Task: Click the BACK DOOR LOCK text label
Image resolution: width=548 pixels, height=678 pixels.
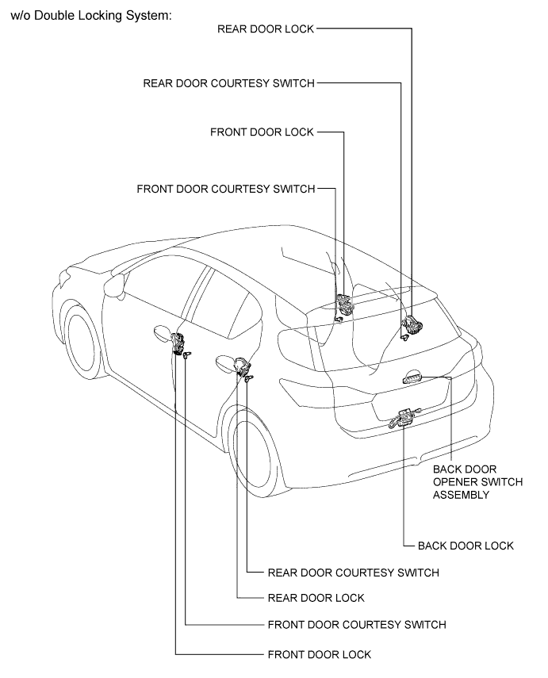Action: click(x=466, y=546)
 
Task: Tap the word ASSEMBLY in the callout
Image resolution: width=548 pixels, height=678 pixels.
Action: click(x=461, y=495)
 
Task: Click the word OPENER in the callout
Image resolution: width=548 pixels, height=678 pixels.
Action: click(x=452, y=481)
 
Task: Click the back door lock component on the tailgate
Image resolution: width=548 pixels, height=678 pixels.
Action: click(x=404, y=418)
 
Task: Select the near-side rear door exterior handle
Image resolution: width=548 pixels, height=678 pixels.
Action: click(x=226, y=363)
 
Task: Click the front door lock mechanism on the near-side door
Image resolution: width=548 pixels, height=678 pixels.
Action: click(x=178, y=343)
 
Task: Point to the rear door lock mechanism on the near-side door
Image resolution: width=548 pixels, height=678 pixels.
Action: click(x=242, y=366)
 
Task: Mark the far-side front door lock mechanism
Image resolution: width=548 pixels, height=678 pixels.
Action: click(x=346, y=304)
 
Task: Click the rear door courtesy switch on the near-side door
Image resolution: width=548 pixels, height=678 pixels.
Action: click(x=248, y=379)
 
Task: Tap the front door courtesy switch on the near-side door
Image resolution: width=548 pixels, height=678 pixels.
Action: click(x=187, y=355)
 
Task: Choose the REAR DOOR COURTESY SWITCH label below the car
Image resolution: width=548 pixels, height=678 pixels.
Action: click(x=354, y=573)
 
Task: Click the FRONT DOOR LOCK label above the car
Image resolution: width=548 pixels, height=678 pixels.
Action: click(x=262, y=132)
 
